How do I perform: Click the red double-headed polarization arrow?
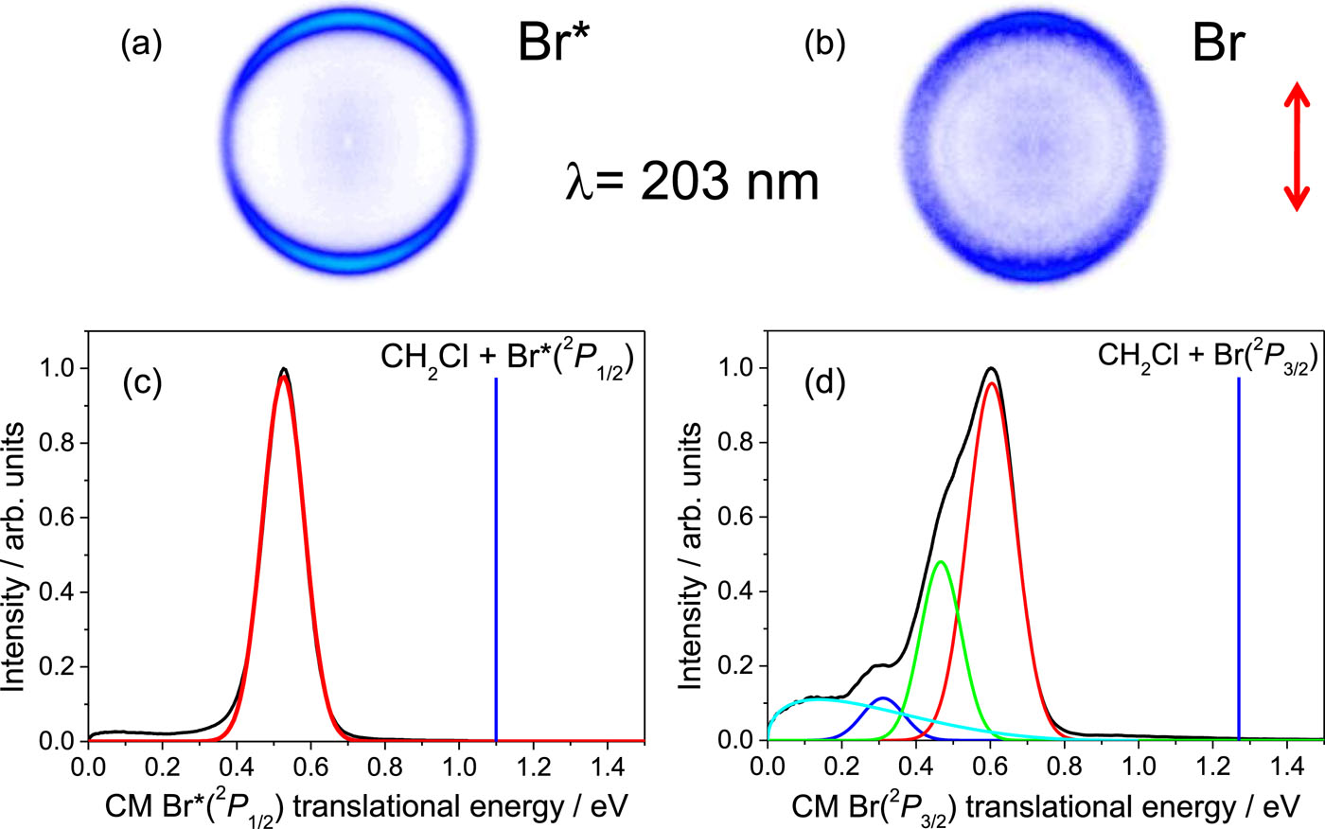point(1296,146)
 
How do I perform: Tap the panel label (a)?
point(141,45)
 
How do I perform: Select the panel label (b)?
point(822,45)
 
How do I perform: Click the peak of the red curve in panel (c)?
point(283,377)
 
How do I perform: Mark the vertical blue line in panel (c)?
point(496,558)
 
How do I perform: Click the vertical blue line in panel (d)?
point(1239,558)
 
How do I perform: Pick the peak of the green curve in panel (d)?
point(940,562)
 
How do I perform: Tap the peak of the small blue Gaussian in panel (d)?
point(883,698)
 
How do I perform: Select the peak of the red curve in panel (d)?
point(991,383)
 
